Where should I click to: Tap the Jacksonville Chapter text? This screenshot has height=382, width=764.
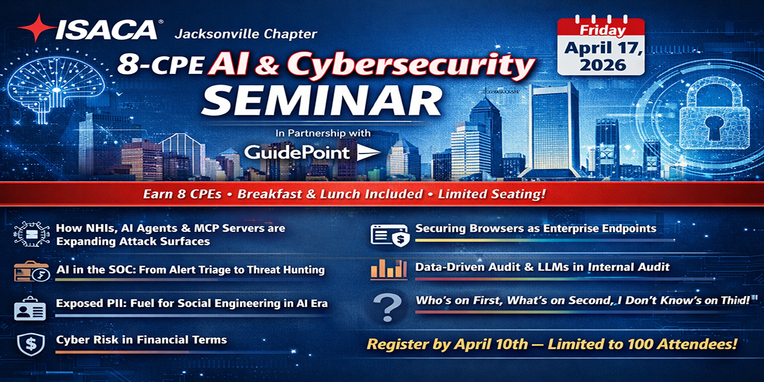tap(244, 33)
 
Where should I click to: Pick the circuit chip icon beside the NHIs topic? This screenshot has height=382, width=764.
tap(29, 234)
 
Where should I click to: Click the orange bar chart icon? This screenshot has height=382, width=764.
tap(388, 269)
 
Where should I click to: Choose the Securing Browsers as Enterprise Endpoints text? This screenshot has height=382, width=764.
tap(535, 228)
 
